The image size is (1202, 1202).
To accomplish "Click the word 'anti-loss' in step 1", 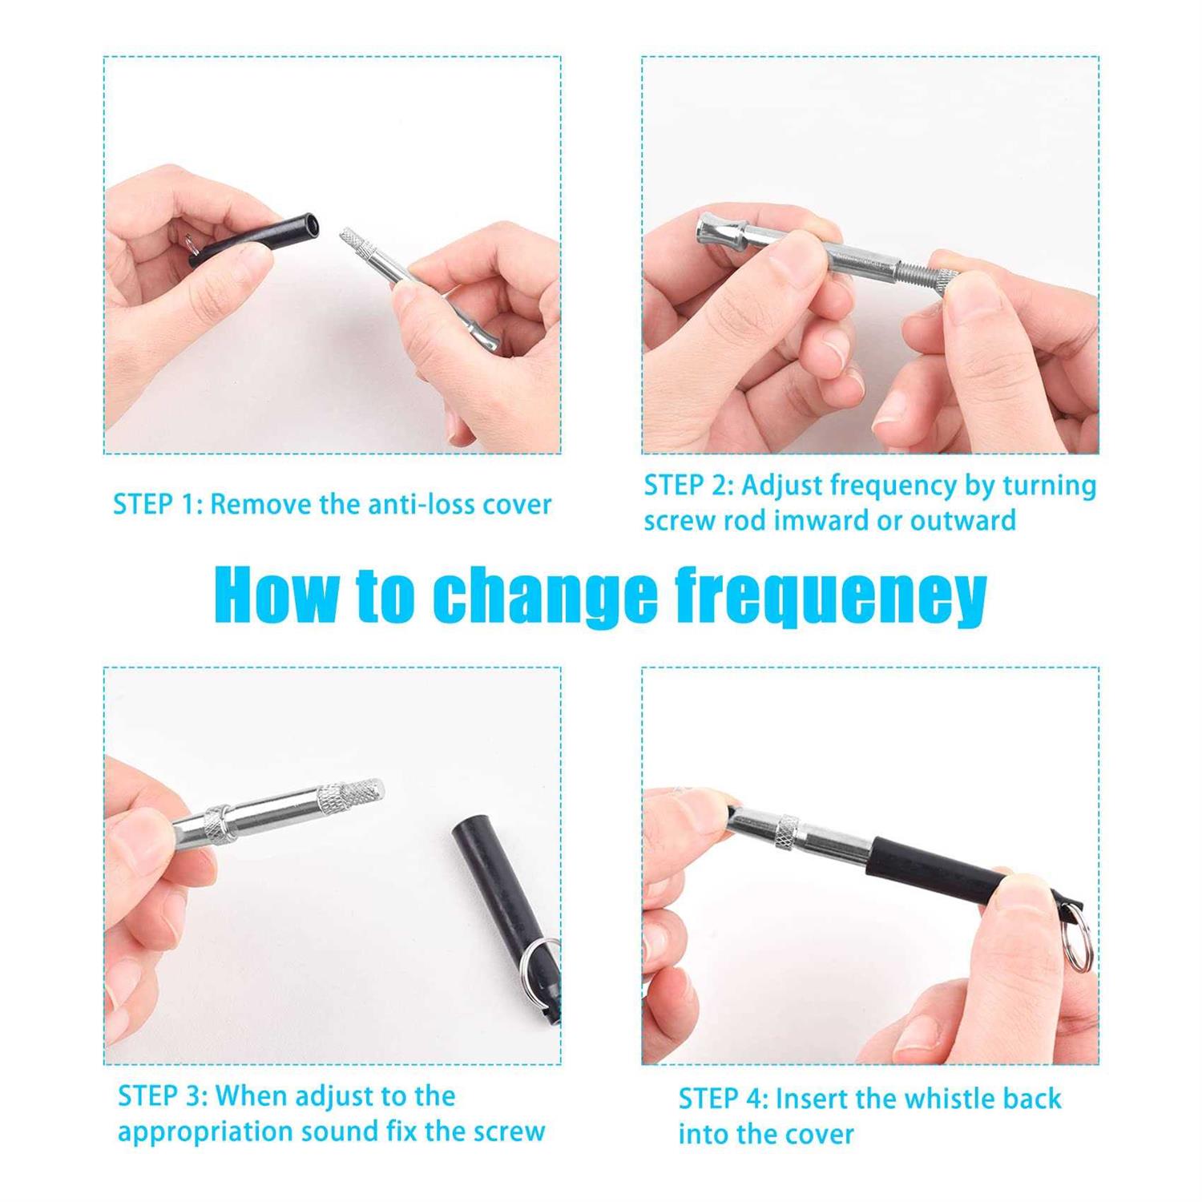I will [x=419, y=505].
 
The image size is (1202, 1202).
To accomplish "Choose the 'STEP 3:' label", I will [x=162, y=1095].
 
